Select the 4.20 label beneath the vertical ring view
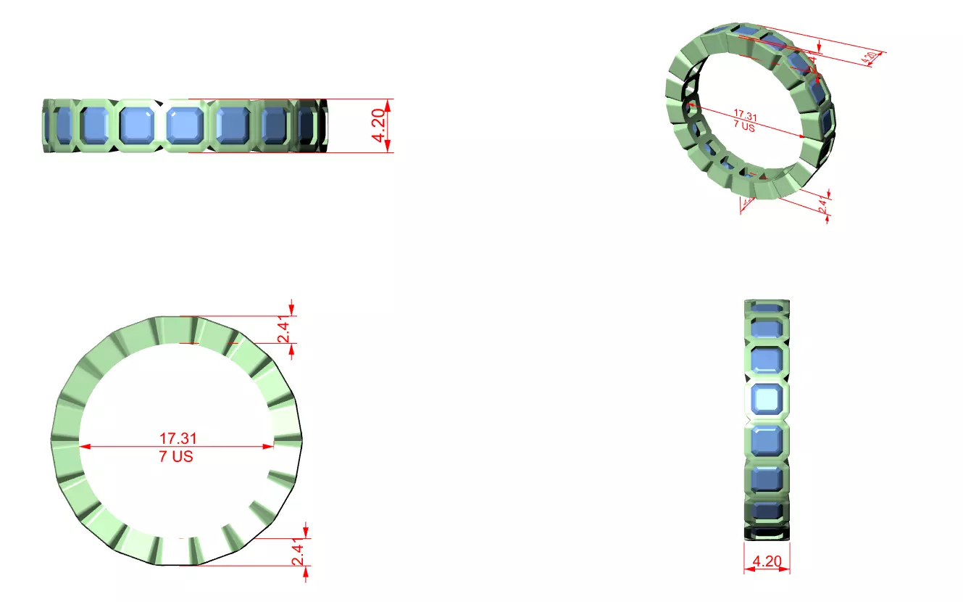pyautogui.click(x=767, y=561)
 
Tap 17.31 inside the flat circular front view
pyautogui.click(x=178, y=438)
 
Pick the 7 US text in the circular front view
pyautogui.click(x=176, y=457)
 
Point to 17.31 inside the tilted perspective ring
pyautogui.click(x=745, y=115)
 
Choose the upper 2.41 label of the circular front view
pyautogui.click(x=285, y=330)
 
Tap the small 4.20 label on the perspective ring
pyautogui.click(x=873, y=57)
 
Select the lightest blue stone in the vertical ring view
pyautogui.click(x=767, y=399)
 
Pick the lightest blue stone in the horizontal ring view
pyautogui.click(x=184, y=125)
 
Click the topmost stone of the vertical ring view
pyautogui.click(x=767, y=309)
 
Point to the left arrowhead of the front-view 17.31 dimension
pyautogui.click(x=84, y=447)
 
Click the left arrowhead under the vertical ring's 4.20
pyautogui.click(x=749, y=569)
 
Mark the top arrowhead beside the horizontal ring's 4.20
pyautogui.click(x=388, y=104)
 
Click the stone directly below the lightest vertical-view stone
pyautogui.click(x=767, y=440)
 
